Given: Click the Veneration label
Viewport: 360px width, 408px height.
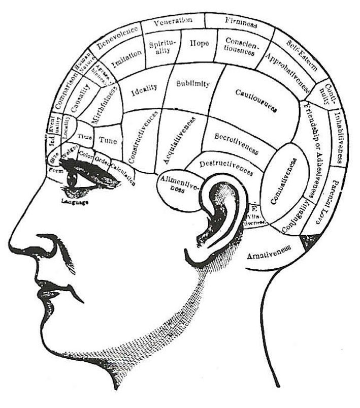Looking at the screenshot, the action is (x=173, y=21).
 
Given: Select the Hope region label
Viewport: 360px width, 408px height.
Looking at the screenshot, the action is (x=199, y=44).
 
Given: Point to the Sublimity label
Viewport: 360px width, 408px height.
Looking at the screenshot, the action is (x=192, y=84).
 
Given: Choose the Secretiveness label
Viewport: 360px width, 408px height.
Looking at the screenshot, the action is (x=237, y=143).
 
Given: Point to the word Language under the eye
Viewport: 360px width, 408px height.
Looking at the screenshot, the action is (x=75, y=202).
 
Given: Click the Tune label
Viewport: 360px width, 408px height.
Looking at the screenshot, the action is (x=108, y=140).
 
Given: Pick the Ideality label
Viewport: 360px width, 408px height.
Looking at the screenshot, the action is (x=144, y=92).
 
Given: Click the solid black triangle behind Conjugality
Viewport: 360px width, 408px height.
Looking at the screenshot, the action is (x=308, y=240).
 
